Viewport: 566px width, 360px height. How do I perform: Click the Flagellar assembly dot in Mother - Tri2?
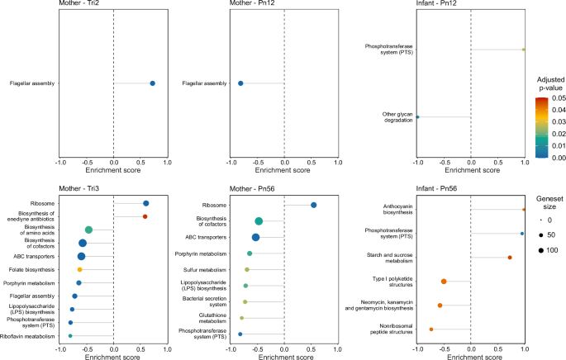(152, 83)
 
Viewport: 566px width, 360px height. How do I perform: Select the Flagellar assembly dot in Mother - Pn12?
(240, 83)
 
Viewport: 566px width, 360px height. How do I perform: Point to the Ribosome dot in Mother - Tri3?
(146, 203)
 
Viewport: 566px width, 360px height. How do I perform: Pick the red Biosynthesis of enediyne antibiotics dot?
(145, 216)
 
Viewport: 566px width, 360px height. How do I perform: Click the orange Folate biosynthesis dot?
(80, 270)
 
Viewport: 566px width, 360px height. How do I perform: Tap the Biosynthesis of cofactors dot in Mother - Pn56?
(259, 221)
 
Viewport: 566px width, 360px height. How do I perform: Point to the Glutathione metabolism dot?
(242, 318)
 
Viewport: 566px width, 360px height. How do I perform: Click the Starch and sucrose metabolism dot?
(510, 258)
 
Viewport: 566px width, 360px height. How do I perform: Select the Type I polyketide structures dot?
(444, 282)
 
